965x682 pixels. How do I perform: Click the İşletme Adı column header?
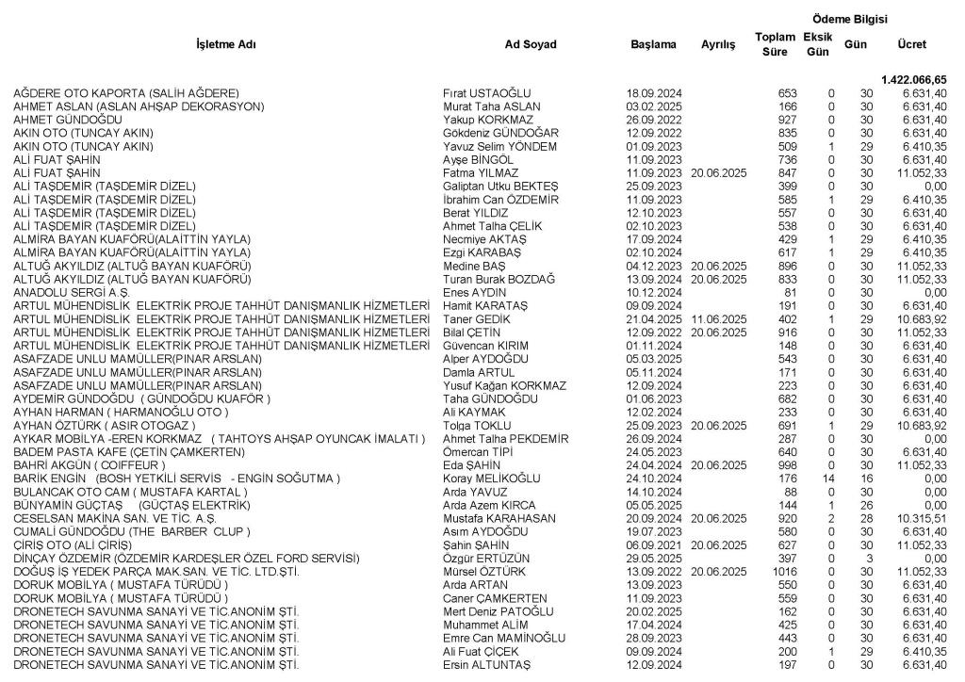pyautogui.click(x=225, y=44)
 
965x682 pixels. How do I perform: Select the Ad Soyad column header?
pyautogui.click(x=531, y=44)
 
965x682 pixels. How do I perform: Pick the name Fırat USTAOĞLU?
pyautogui.click(x=487, y=93)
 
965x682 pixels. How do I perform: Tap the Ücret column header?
pyautogui.click(x=911, y=44)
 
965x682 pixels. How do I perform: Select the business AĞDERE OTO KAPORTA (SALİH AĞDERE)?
pyautogui.click(x=125, y=93)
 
